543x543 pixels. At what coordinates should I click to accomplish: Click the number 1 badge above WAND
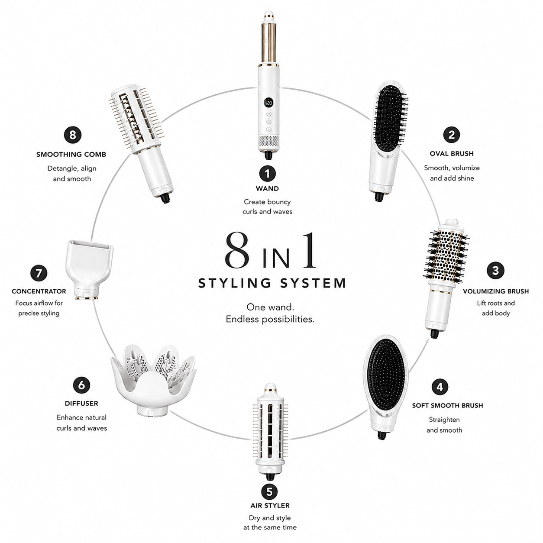(x=267, y=174)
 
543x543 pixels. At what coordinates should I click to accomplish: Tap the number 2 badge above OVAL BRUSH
(x=452, y=135)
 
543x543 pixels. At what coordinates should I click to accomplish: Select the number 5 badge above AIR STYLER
(x=270, y=492)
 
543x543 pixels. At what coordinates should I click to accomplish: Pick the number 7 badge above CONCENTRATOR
(x=39, y=273)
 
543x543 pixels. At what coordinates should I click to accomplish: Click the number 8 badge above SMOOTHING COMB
(x=72, y=135)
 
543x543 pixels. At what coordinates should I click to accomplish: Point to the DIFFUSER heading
(x=81, y=403)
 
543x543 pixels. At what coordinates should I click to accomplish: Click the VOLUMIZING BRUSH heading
(x=496, y=291)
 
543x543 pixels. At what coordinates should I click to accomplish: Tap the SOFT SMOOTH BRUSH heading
(x=447, y=405)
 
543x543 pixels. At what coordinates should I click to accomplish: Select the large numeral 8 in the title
(x=237, y=251)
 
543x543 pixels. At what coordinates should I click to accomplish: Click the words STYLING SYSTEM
(x=272, y=283)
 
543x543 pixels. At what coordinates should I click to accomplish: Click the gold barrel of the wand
(x=268, y=43)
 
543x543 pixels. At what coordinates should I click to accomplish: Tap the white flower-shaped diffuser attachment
(x=153, y=381)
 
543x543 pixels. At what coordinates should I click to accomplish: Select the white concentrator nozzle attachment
(x=89, y=269)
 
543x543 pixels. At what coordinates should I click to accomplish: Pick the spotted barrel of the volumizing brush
(x=448, y=257)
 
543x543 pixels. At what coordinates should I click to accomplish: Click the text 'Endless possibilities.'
(x=270, y=319)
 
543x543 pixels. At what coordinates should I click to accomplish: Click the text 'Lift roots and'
(x=496, y=303)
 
